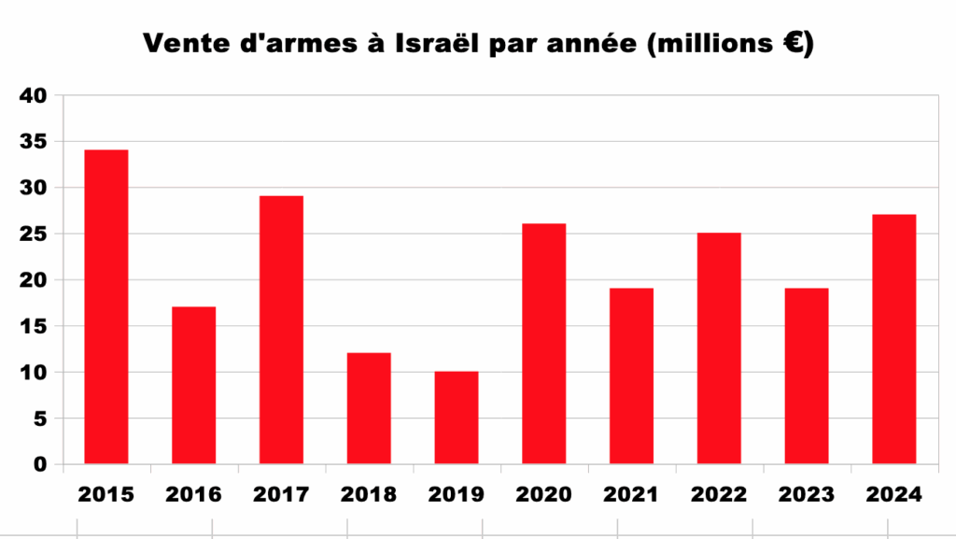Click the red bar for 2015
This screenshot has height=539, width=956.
[106, 306]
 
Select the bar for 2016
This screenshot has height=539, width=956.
[193, 385]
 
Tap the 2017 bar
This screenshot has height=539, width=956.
[281, 330]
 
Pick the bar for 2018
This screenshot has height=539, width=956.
[369, 408]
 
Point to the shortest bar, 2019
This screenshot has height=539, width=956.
[457, 418]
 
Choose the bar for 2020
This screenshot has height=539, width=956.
[543, 344]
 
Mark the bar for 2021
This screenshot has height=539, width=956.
[631, 376]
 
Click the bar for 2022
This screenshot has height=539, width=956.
[719, 348]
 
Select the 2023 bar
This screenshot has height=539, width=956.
[807, 376]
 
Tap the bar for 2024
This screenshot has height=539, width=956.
[893, 339]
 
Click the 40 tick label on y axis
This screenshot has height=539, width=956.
[33, 96]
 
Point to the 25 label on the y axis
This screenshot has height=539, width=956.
[33, 234]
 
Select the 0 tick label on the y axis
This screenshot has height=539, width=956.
[39, 465]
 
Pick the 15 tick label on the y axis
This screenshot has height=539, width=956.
[33, 327]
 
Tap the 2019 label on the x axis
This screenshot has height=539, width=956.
[457, 494]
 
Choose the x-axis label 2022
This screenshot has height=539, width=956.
[719, 494]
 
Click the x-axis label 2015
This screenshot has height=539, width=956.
[106, 494]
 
